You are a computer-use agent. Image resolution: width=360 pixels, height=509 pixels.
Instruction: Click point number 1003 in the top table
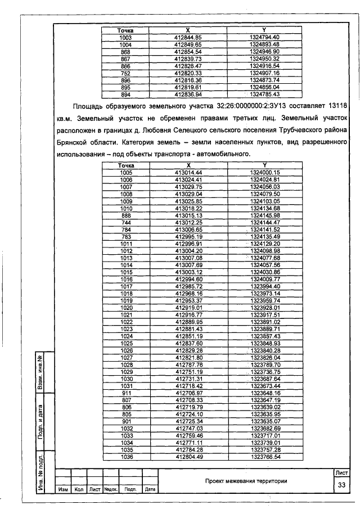tap(125, 37)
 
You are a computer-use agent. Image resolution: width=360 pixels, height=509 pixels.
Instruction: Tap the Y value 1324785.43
tap(264, 94)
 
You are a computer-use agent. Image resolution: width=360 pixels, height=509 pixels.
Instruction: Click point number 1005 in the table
tap(126, 172)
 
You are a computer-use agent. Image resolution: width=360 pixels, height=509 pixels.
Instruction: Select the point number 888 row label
tap(126, 216)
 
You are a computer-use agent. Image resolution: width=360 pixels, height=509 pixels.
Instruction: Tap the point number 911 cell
tap(126, 392)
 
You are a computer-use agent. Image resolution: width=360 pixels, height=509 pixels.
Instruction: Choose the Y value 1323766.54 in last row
tap(265, 457)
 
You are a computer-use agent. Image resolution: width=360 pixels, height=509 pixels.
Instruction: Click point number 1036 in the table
tap(126, 457)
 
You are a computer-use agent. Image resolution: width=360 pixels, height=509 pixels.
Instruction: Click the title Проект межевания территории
tap(246, 481)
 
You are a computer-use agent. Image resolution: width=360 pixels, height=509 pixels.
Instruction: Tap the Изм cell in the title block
tap(63, 489)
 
